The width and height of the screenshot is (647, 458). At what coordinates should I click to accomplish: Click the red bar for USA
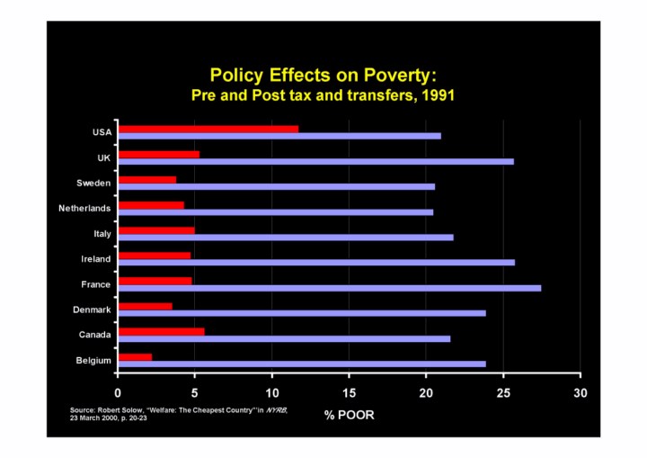coord(208,129)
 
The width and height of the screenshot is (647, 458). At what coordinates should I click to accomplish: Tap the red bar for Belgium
coord(136,356)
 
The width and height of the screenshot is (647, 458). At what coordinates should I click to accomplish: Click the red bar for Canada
coord(162,331)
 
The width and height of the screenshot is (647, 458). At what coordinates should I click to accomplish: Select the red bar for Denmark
coord(146,306)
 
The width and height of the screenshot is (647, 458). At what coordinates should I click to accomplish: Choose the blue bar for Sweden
coord(277,187)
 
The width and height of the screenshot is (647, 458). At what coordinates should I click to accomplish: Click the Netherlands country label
coord(84,209)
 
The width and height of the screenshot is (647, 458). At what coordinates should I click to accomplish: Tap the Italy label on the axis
coord(102,234)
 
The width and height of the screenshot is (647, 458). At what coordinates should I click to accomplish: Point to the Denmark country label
coord(92,310)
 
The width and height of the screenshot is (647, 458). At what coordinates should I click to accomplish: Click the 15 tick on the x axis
coord(349,392)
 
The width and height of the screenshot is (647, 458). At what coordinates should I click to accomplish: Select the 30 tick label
coord(581,392)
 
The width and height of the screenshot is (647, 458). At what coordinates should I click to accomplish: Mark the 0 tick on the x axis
coord(118,392)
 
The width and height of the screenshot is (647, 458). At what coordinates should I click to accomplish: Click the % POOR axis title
coord(349,416)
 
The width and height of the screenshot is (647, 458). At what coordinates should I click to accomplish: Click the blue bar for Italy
coord(286,238)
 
